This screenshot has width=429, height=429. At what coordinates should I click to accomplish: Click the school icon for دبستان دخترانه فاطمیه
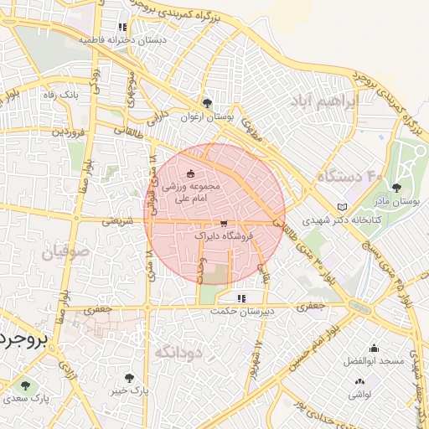(x=124, y=27)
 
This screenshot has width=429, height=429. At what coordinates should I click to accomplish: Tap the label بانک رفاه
(x=60, y=95)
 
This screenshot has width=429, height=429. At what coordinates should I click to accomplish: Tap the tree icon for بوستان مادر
(x=396, y=188)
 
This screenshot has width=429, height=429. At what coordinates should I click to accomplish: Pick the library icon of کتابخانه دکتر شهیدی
(x=340, y=207)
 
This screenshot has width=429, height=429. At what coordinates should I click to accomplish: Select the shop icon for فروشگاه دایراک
(x=223, y=224)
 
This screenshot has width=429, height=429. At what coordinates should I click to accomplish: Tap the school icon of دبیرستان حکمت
(x=241, y=297)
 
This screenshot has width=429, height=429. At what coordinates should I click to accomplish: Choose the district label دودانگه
(x=178, y=352)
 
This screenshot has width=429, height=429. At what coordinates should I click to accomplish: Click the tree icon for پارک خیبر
(x=128, y=378)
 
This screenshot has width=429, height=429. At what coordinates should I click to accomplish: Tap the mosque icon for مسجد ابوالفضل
(x=374, y=348)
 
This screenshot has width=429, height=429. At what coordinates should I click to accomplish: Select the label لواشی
(x=360, y=393)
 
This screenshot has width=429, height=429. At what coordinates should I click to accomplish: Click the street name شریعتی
(x=117, y=223)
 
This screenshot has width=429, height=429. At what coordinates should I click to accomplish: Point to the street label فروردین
(x=67, y=132)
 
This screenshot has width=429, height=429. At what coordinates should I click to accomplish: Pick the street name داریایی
(x=158, y=119)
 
